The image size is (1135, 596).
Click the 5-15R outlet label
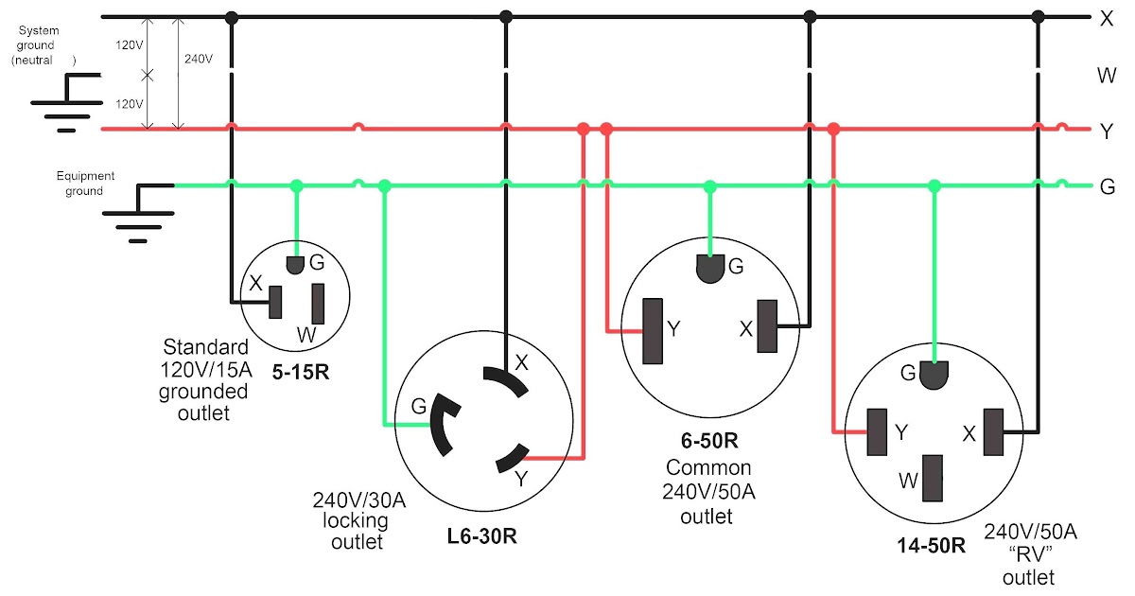[301, 372]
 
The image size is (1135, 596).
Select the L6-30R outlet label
[482, 538]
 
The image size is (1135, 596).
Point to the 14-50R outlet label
[932, 545]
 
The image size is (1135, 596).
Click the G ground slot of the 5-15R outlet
[295, 263]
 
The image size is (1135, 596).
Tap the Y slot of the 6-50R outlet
[652, 331]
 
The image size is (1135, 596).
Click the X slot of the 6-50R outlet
[767, 326]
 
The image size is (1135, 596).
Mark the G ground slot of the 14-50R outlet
[934, 375]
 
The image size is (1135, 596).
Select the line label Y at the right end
[1106, 131]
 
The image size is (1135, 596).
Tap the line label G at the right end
[1107, 185]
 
